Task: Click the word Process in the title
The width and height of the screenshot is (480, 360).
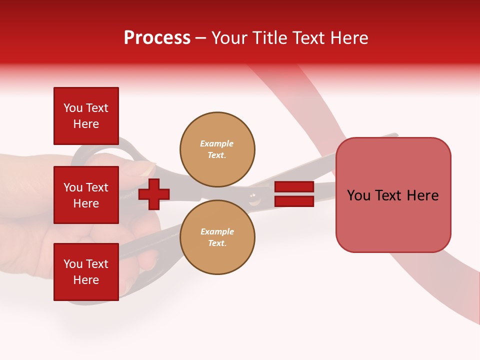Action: click(x=157, y=38)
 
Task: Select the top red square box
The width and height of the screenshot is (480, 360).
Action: click(x=86, y=116)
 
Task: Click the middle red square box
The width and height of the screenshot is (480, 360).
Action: click(x=86, y=195)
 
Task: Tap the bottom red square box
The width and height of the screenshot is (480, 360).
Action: click(x=86, y=271)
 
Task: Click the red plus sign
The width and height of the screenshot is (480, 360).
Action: click(x=154, y=194)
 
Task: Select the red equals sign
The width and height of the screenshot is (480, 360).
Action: click(x=294, y=194)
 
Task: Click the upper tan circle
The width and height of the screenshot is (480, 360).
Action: click(x=217, y=149)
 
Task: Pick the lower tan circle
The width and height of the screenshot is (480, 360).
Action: click(x=217, y=237)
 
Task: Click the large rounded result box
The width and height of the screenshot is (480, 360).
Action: click(x=393, y=195)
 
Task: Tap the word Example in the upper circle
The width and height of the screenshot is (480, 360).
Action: click(x=216, y=143)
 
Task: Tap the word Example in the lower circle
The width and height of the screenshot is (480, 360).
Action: click(x=217, y=231)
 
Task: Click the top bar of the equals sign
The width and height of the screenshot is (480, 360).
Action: click(x=294, y=186)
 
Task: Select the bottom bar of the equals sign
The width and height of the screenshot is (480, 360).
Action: click(x=294, y=201)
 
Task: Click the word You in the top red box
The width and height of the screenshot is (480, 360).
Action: click(x=73, y=108)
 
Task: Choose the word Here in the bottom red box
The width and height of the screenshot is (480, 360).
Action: click(x=86, y=280)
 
